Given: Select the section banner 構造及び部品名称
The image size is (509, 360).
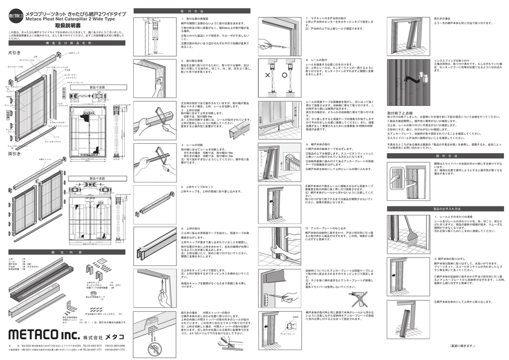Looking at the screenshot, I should [68, 43].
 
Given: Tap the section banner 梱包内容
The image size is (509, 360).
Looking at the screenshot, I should [68, 252].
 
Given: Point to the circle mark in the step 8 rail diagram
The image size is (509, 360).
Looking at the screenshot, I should [285, 76].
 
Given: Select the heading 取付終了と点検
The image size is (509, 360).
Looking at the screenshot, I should [400, 113].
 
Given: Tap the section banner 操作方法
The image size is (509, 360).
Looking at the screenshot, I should [446, 156].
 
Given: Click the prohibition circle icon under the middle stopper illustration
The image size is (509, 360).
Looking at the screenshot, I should [154, 347].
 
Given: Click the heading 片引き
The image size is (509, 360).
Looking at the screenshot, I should [14, 52].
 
